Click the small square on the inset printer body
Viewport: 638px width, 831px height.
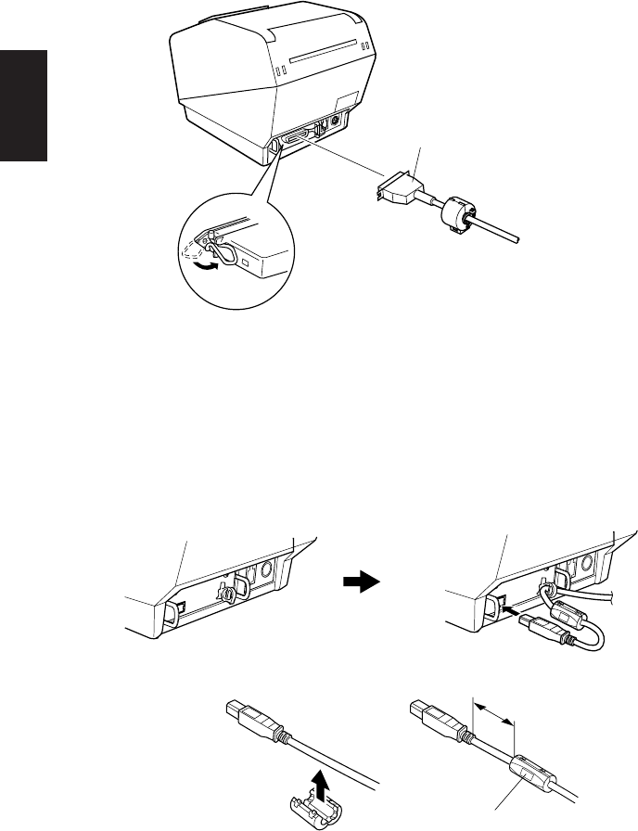click(x=246, y=262)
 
